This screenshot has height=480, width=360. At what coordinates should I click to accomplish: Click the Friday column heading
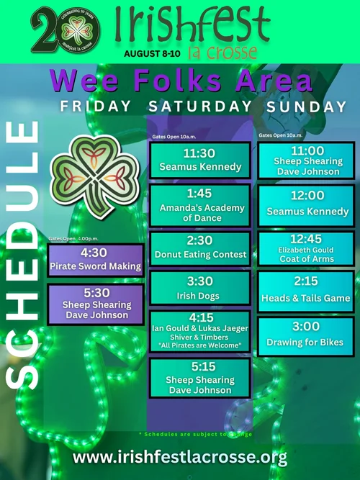click(x=96, y=107)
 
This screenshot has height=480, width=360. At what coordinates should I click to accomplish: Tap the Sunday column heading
click(x=307, y=107)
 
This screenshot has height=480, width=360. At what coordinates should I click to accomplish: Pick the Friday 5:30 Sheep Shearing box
click(x=95, y=304)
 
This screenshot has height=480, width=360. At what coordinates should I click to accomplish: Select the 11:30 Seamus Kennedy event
click(x=199, y=160)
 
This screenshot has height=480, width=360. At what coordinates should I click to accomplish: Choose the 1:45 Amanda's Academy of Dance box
click(x=199, y=206)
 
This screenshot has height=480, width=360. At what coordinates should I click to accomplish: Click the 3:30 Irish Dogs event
click(x=199, y=289)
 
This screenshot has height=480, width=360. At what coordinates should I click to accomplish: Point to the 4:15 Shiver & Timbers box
click(x=199, y=331)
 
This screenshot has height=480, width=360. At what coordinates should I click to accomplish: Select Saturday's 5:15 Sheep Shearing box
click(x=199, y=378)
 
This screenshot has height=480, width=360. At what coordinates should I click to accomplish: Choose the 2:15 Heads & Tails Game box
click(x=306, y=292)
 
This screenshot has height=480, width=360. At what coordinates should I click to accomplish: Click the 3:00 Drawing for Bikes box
click(x=306, y=336)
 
